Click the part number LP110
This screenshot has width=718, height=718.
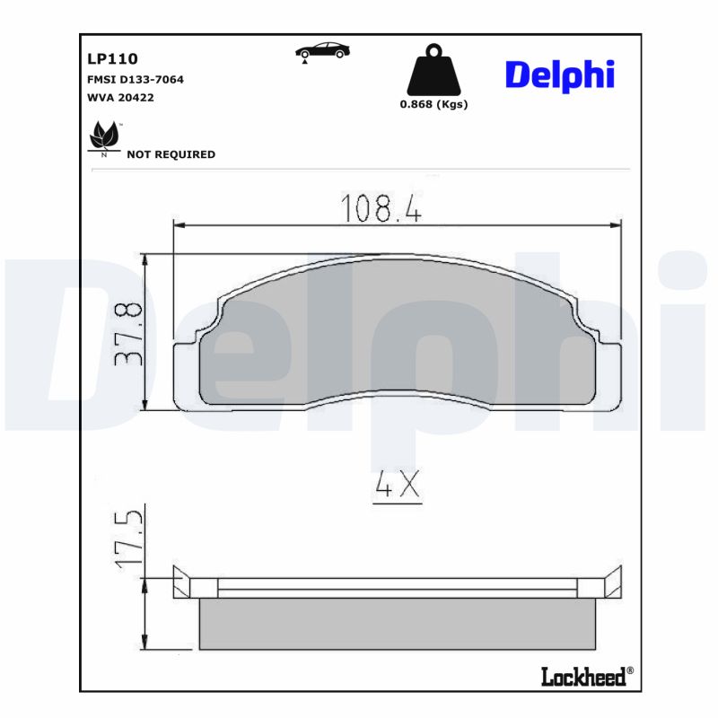click(112, 59)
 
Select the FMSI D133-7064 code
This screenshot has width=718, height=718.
click(135, 80)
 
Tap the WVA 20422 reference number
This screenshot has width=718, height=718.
click(120, 98)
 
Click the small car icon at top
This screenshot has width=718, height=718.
click(322, 51)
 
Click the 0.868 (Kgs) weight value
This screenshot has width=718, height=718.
click(433, 104)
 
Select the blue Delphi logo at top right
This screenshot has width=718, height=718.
click(559, 74)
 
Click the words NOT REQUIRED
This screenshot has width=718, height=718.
click(171, 154)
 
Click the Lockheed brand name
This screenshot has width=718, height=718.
click(583, 677)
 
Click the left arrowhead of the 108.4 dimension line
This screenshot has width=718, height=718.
click(178, 224)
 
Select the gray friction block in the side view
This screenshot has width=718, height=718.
click(396, 624)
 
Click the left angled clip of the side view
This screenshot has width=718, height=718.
click(182, 583)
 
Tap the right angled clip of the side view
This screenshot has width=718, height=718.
click(612, 583)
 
